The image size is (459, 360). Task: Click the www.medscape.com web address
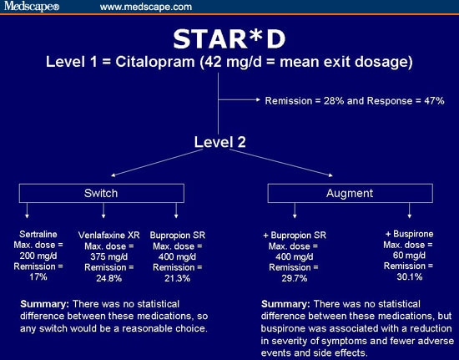click(146, 7)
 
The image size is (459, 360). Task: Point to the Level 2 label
click(219, 143)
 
